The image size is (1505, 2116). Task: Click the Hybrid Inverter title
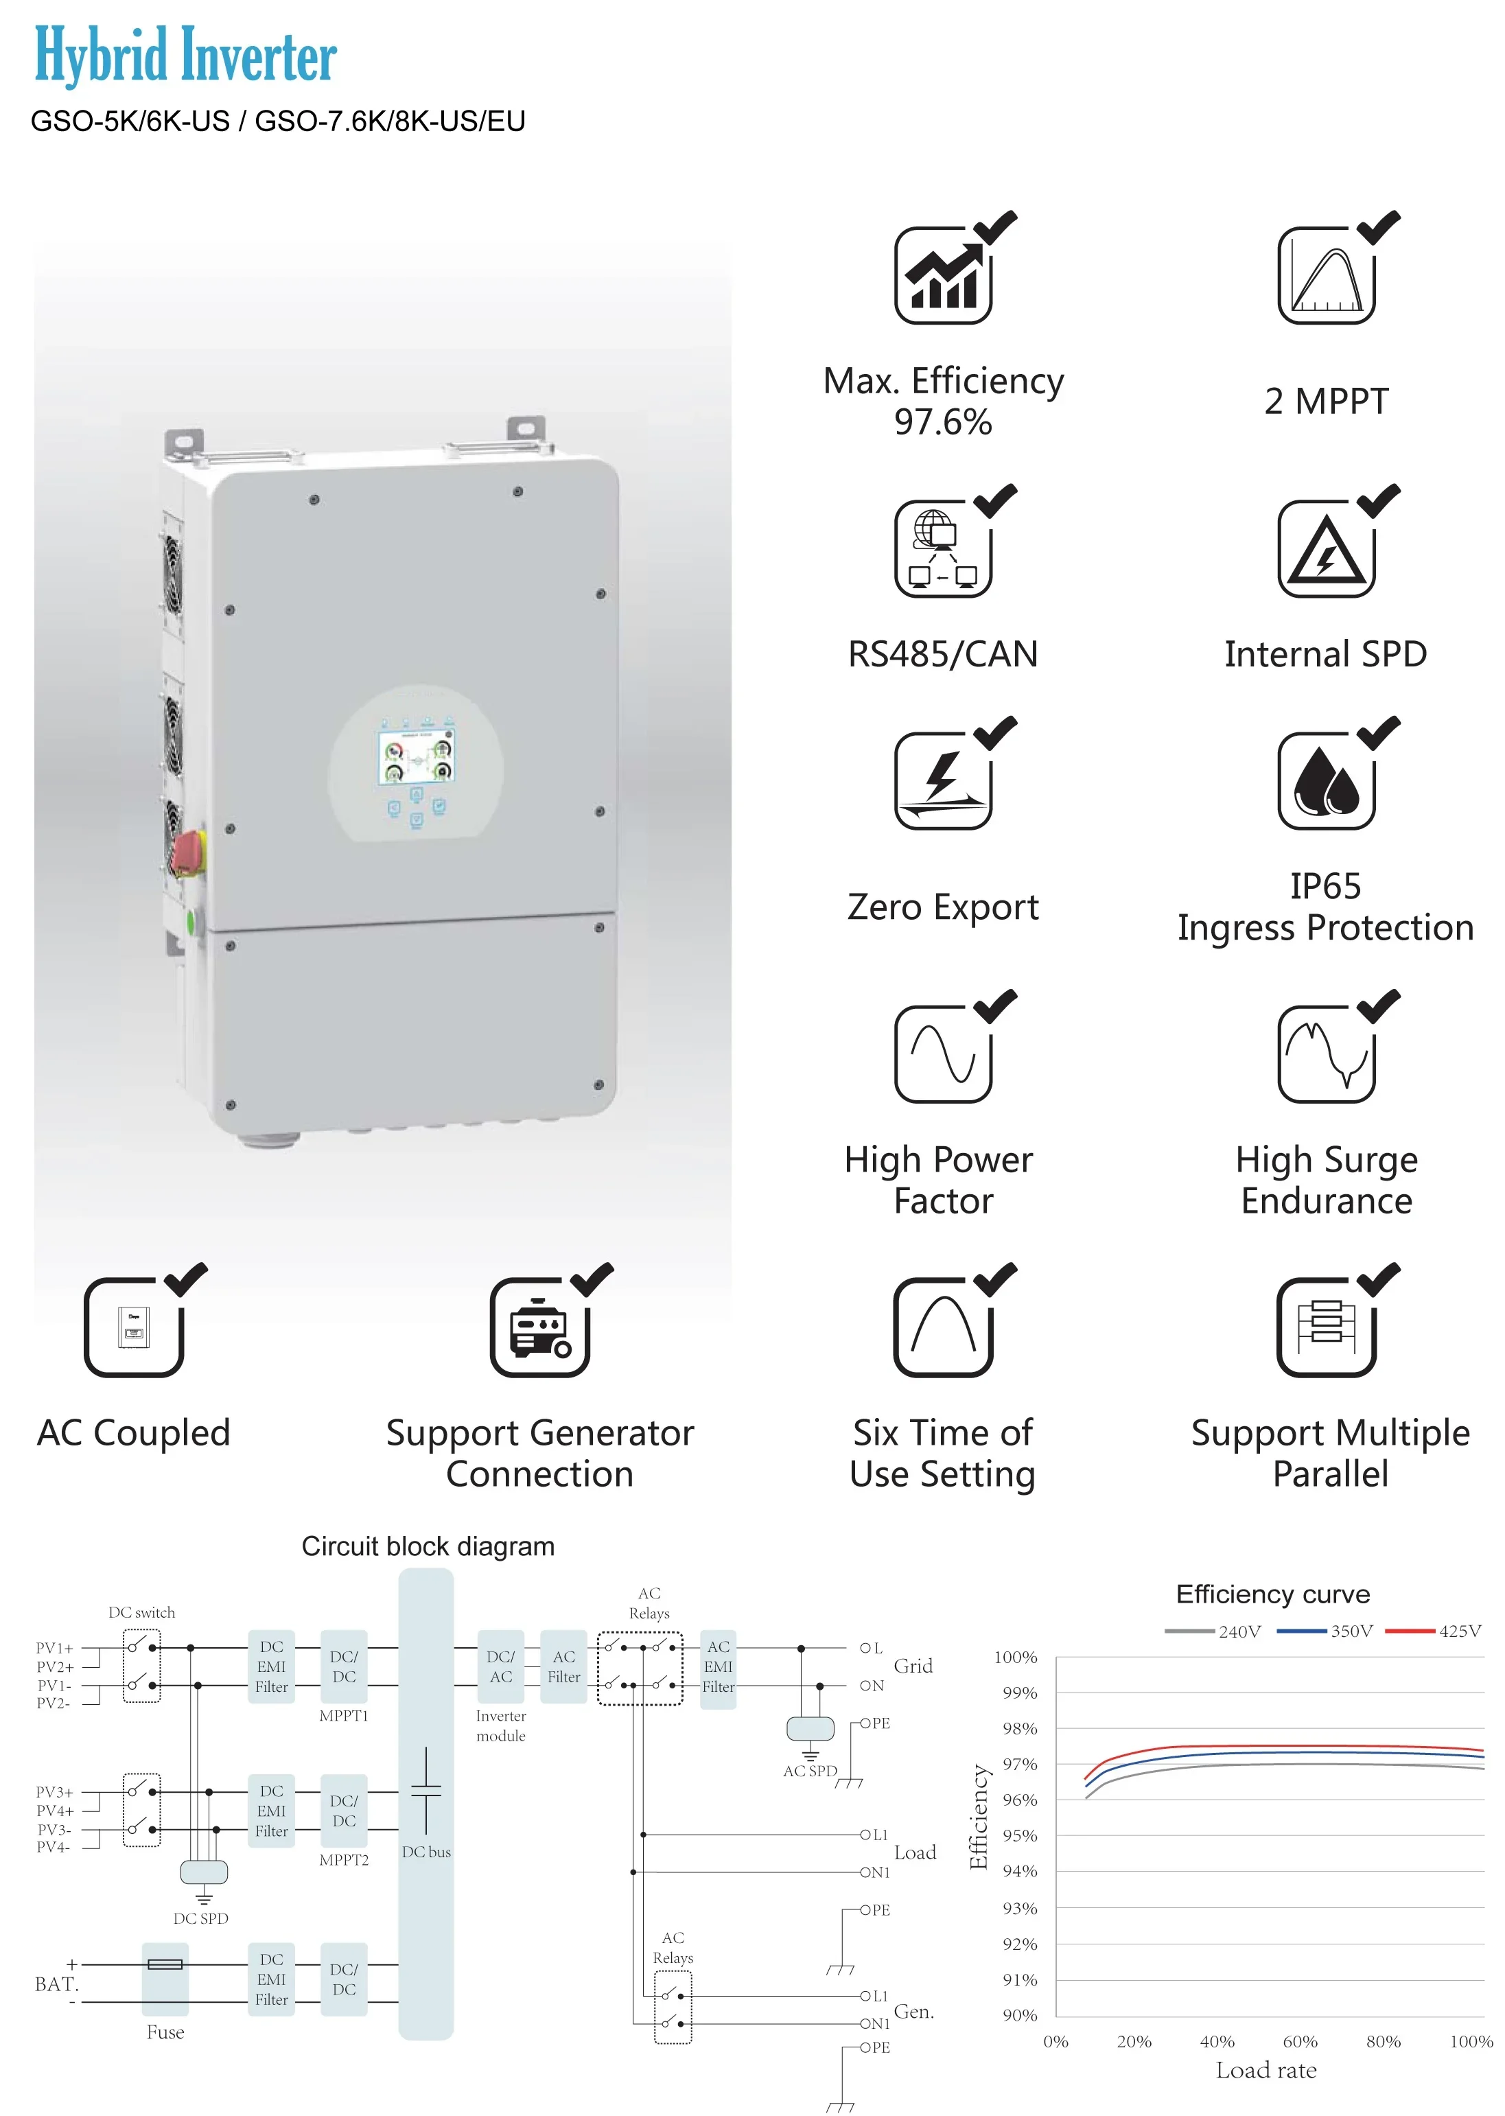[185, 56]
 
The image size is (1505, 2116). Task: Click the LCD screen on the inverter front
[416, 756]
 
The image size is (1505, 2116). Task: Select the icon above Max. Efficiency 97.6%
[944, 275]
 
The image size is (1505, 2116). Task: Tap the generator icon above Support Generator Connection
[540, 1327]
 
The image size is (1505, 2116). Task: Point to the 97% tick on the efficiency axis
[1019, 1764]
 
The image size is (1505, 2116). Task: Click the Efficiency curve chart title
[1272, 1594]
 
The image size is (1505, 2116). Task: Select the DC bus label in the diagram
[426, 1852]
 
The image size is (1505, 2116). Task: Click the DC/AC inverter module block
[500, 1666]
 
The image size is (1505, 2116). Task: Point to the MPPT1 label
[344, 1716]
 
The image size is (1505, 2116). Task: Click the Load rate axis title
[1266, 2071]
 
